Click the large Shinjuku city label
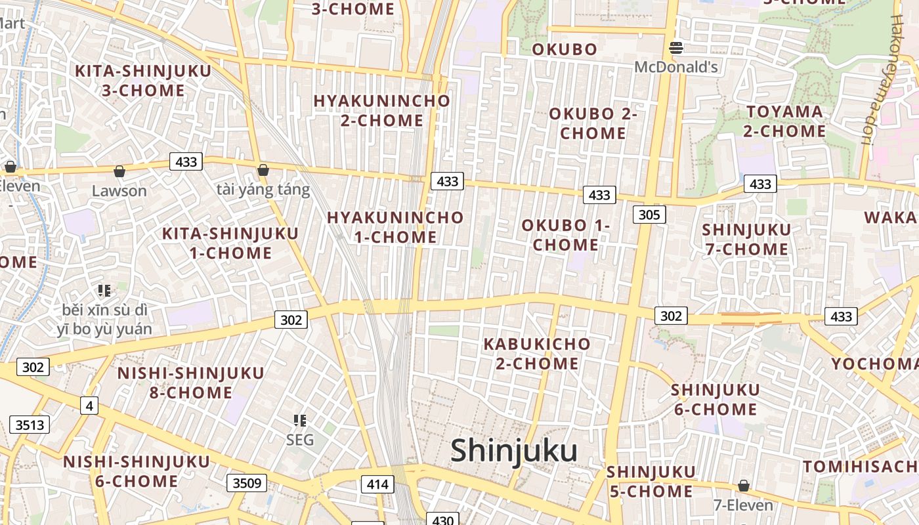(514, 451)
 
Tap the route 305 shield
(650, 214)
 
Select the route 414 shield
(377, 484)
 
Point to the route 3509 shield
(247, 483)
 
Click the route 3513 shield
(30, 425)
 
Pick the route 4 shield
(89, 406)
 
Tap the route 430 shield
(443, 520)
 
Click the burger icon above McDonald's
(676, 47)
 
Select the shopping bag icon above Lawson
(119, 172)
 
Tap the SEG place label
(300, 440)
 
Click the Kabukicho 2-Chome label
(537, 353)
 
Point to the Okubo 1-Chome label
(566, 235)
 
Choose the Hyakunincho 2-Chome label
(382, 110)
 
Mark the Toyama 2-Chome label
(784, 121)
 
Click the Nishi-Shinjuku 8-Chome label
(191, 383)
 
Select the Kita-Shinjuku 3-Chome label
(143, 80)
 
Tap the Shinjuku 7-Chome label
(746, 239)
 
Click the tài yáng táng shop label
(263, 190)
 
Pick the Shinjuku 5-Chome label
(651, 481)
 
